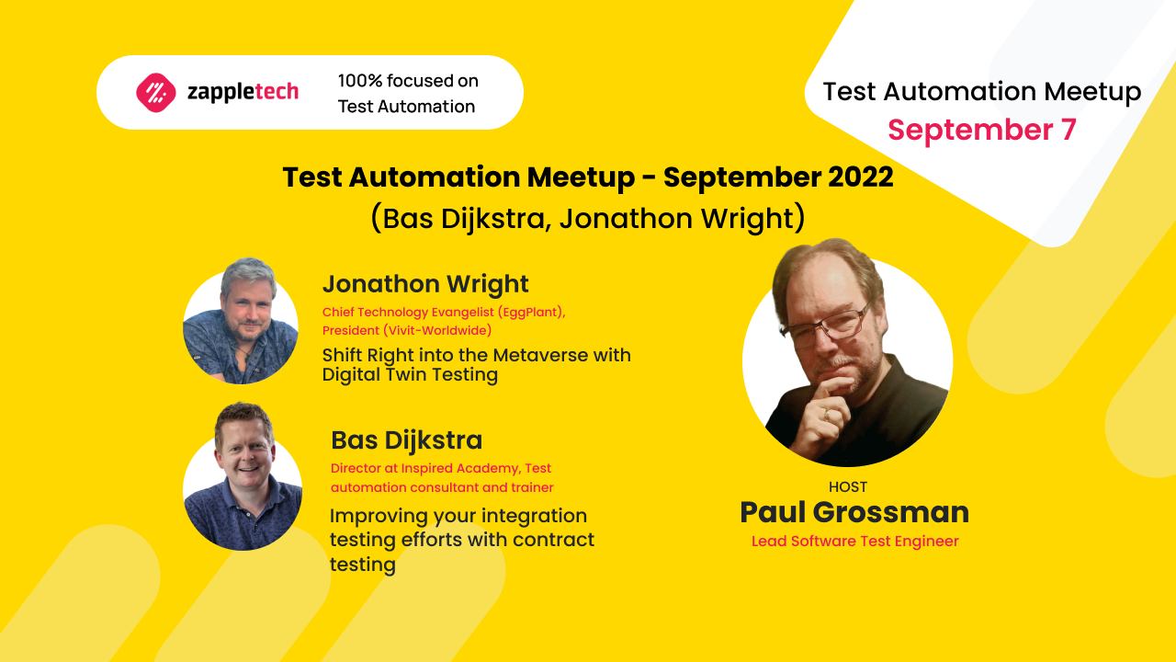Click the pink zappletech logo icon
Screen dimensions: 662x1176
(156, 92)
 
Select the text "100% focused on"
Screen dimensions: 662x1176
(408, 81)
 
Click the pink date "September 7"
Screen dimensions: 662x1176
(981, 130)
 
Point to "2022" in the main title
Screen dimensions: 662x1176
(858, 177)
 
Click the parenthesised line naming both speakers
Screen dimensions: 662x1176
(588, 219)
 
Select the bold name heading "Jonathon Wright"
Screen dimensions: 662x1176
(425, 284)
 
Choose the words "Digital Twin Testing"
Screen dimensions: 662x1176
(410, 374)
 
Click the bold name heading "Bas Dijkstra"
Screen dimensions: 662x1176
(406, 440)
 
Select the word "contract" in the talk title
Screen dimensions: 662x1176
(552, 540)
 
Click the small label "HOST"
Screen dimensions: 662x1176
(847, 487)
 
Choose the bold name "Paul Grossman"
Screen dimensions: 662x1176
(854, 512)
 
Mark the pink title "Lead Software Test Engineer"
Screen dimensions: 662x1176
(854, 542)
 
